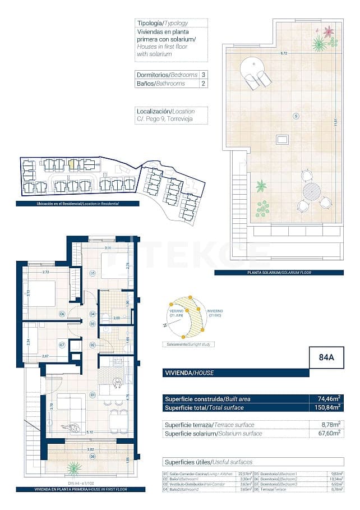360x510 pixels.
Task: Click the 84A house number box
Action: [326, 357]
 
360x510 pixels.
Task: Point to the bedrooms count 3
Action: [203, 75]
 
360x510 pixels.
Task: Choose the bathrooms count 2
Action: [203, 84]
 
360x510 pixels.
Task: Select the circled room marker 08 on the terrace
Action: [93, 456]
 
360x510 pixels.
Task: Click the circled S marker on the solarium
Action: [296, 116]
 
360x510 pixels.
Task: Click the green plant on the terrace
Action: [73, 468]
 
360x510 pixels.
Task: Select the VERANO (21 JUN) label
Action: [177, 312]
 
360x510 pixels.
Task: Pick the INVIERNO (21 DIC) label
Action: [214, 313]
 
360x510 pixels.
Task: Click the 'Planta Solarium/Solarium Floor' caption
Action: [287, 273]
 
